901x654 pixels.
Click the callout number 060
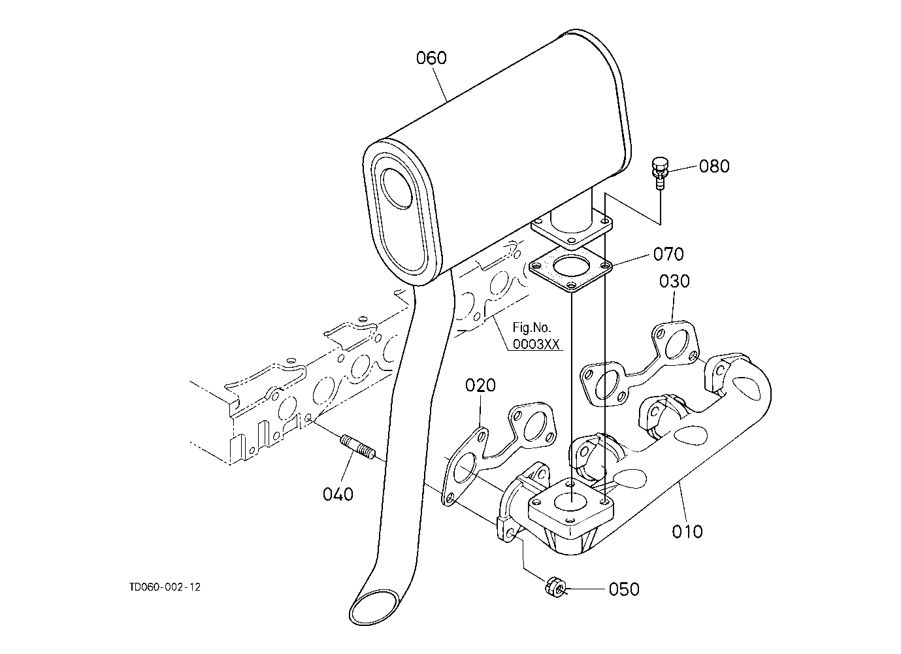(431, 58)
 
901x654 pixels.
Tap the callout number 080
(713, 166)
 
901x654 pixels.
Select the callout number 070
(668, 253)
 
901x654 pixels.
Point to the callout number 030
(674, 282)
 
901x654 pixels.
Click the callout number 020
(480, 385)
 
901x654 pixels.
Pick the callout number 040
(338, 494)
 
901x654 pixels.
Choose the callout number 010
(687, 531)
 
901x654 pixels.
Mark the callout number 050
(623, 589)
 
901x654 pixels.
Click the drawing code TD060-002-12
(165, 587)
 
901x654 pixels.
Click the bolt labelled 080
(659, 171)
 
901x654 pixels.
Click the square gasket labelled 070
(570, 269)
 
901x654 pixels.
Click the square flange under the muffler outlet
(572, 229)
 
